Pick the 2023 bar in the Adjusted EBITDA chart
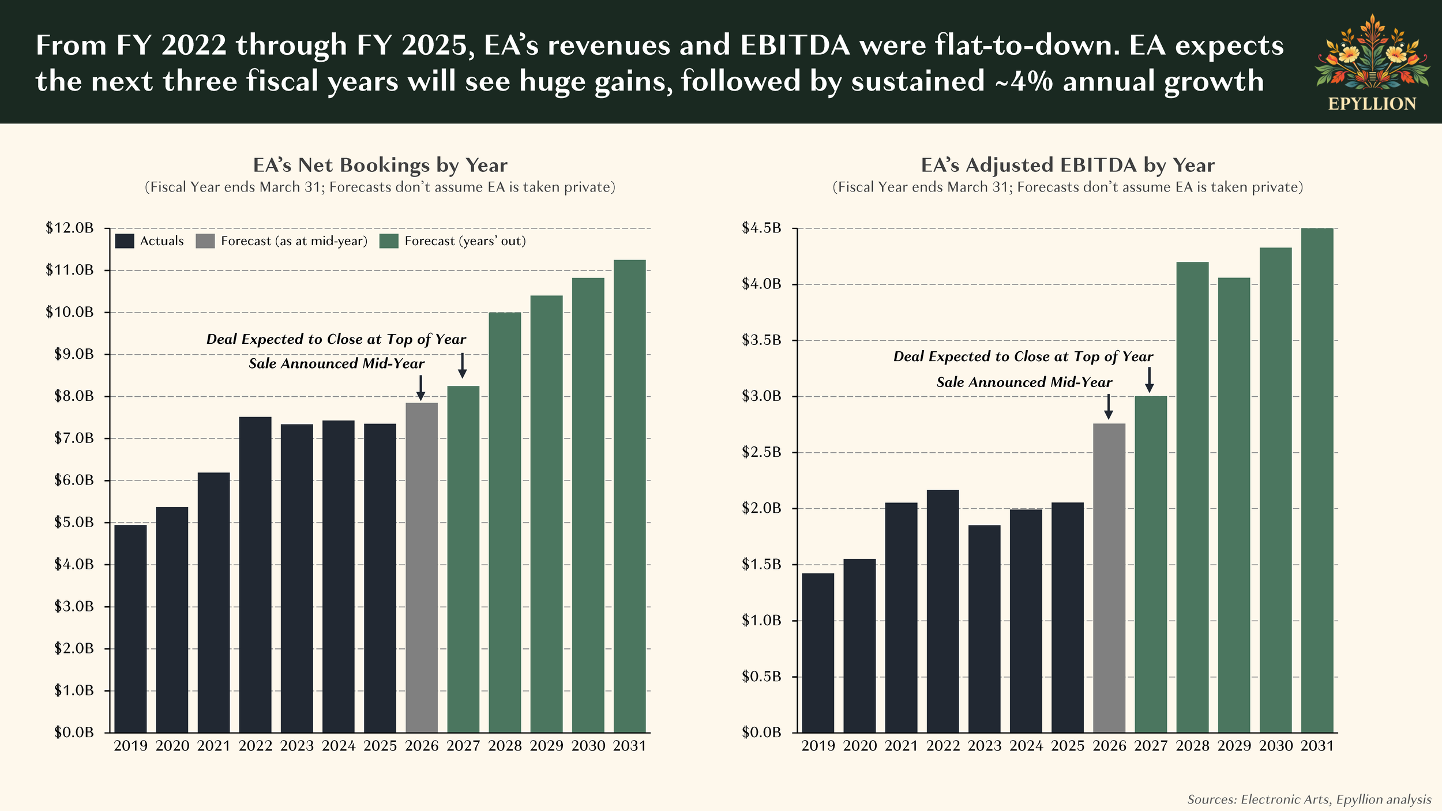pos(984,628)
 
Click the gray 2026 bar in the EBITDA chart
pos(1109,577)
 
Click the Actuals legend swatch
pos(125,241)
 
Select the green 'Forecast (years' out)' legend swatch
pos(389,241)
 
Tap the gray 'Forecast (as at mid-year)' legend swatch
pos(205,241)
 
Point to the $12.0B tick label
pos(70,228)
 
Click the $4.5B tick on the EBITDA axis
pos(761,228)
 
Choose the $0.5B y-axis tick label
pos(761,676)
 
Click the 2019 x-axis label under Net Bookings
pos(130,746)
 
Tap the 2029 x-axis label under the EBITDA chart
pos(1234,746)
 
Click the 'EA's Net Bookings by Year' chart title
pos(380,165)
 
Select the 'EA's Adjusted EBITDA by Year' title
pos(1068,165)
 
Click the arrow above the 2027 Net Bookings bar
pos(462,366)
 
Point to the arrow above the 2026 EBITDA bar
pos(1108,407)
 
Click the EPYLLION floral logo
pos(1372,55)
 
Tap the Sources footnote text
pos(1309,799)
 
